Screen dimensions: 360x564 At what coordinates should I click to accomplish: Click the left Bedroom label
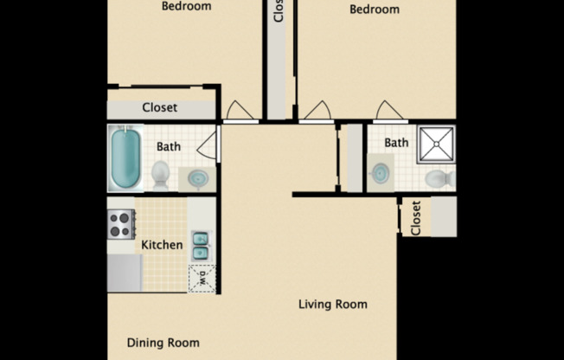tap(186, 7)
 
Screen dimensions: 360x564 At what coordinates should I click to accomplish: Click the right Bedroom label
tap(375, 10)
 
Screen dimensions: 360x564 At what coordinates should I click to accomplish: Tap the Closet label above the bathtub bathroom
tap(160, 108)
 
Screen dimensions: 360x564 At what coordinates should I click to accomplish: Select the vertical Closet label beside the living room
tap(416, 218)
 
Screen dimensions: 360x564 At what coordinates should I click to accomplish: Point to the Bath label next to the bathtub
tap(169, 146)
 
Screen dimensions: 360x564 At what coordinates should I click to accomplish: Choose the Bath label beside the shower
tap(396, 143)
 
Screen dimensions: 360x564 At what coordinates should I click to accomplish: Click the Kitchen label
tap(162, 245)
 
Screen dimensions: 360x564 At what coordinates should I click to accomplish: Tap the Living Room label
tap(333, 304)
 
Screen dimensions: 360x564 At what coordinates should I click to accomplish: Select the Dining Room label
tap(163, 343)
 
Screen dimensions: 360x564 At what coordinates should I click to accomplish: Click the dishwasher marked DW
tap(202, 279)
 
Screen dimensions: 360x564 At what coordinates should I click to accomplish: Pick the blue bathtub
tap(125, 157)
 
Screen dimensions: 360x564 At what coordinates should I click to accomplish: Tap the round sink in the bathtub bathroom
tap(198, 179)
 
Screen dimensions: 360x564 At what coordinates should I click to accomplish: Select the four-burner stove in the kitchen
tap(120, 225)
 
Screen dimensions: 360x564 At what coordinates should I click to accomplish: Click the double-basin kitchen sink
tap(200, 246)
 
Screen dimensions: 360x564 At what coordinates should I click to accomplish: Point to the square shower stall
tap(436, 145)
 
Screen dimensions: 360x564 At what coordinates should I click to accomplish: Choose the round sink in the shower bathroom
tap(379, 175)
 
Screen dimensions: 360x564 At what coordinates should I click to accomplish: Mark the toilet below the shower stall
tap(439, 179)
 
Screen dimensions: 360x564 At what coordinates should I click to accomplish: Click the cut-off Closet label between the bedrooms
tap(278, 12)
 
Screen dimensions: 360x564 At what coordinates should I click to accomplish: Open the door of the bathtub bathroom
tap(208, 144)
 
